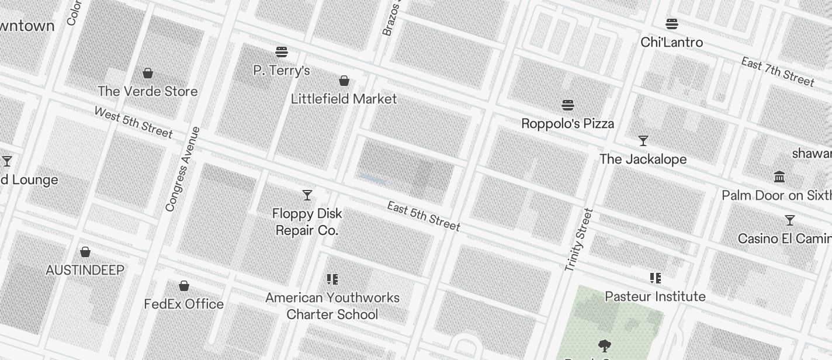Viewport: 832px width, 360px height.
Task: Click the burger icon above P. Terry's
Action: (x=282, y=52)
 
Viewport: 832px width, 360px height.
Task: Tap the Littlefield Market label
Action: (x=344, y=99)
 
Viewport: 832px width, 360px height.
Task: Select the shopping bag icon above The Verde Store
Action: (x=148, y=73)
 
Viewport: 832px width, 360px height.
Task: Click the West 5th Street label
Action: (x=133, y=123)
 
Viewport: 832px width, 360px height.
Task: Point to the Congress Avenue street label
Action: (x=182, y=169)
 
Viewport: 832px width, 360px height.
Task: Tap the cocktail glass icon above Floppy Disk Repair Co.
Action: (x=307, y=195)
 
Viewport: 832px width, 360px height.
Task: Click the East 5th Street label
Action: (x=424, y=216)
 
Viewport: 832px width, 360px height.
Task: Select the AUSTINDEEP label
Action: (x=85, y=270)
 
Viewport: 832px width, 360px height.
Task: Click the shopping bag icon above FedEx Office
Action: (x=184, y=286)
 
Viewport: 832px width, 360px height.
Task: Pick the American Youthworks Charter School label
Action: (x=332, y=306)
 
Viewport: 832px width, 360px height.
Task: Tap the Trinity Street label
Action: (x=578, y=240)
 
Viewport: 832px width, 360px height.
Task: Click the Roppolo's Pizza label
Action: (x=567, y=123)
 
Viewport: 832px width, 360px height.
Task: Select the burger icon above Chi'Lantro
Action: (x=672, y=24)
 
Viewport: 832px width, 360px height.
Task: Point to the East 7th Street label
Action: (x=777, y=71)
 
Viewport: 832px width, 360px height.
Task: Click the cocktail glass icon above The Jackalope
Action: (x=643, y=141)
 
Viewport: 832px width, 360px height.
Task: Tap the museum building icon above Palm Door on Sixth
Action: (x=779, y=176)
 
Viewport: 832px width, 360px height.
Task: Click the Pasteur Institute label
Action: (x=655, y=296)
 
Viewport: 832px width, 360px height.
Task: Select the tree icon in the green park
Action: (x=605, y=346)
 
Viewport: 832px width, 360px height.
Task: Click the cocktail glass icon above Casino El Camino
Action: (x=790, y=220)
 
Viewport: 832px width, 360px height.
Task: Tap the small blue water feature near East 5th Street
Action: (x=373, y=179)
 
